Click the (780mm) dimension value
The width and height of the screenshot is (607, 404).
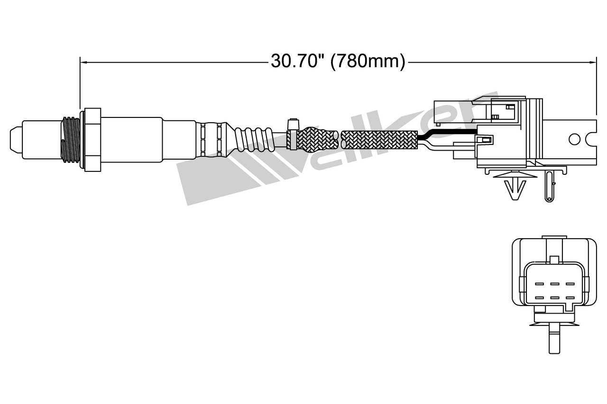[368, 62]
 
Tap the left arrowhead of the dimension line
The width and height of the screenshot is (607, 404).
[83, 62]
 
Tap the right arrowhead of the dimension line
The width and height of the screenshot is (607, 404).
[593, 62]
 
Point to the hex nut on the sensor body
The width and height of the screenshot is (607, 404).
[92, 139]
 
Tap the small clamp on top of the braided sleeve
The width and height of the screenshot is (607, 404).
[293, 124]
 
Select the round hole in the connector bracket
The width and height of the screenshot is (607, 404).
[574, 139]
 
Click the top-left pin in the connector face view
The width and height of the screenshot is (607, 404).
[539, 284]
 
